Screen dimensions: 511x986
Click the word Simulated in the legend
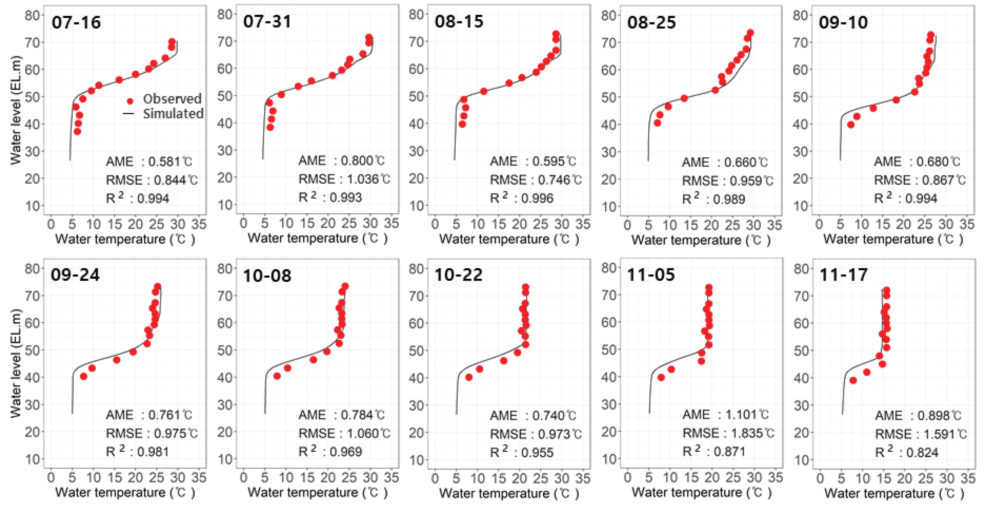pos(173,114)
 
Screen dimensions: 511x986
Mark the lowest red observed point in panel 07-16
pos(77,131)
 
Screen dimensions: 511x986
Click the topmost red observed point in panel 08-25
pos(750,33)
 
